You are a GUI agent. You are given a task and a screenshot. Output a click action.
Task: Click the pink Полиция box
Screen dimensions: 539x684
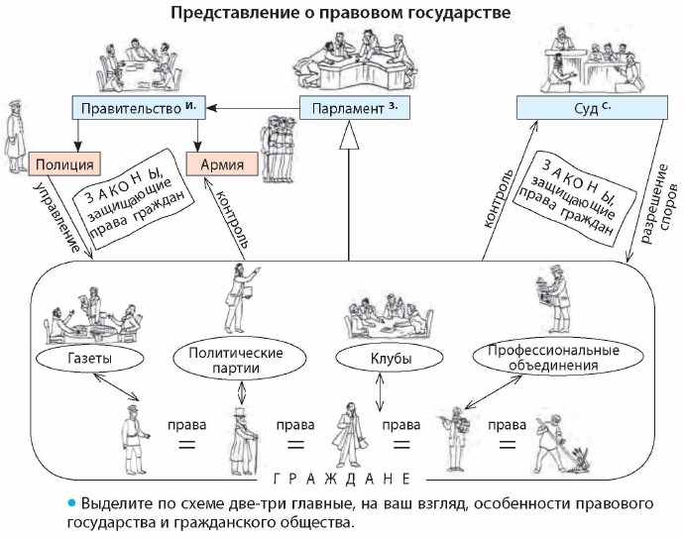64,163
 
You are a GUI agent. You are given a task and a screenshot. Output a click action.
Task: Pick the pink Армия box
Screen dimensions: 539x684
222,163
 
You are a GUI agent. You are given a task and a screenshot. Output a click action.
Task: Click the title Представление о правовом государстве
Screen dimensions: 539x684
342,14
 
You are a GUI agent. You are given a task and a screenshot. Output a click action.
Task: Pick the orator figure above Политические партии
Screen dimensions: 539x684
239,295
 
